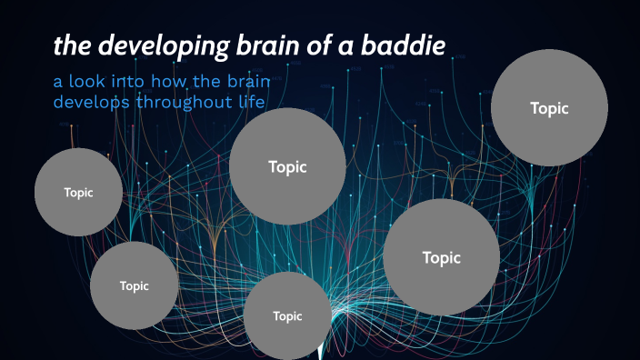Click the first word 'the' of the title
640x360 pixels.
click(x=70, y=45)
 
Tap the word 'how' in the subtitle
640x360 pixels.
click(x=177, y=83)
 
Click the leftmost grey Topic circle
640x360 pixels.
click(x=78, y=192)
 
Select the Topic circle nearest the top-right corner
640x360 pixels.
click(x=549, y=107)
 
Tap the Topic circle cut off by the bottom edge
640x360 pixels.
click(x=287, y=315)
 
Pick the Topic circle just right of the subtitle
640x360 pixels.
click(x=287, y=166)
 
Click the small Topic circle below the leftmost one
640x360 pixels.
click(x=134, y=285)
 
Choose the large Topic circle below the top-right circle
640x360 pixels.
click(x=441, y=257)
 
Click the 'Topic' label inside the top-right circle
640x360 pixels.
click(x=549, y=107)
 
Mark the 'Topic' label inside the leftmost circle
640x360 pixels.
click(x=78, y=192)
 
